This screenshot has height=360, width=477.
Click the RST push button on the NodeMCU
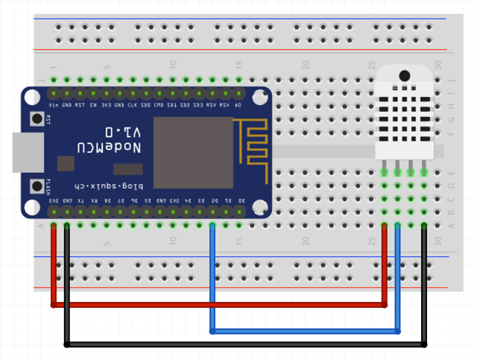[x=35, y=119]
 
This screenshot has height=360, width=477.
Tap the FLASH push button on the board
[x=35, y=186]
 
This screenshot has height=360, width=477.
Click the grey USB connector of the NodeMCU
[x=28, y=152]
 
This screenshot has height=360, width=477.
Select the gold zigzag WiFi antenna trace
[x=253, y=141]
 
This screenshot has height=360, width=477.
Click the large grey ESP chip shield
[x=193, y=151]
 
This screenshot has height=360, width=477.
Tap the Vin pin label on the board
[x=54, y=105]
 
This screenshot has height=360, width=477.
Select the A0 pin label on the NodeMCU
[x=238, y=105]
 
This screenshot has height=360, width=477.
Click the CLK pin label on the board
[x=132, y=105]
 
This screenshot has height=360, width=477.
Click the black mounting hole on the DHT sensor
[x=404, y=75]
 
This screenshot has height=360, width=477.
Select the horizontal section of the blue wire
[x=305, y=330]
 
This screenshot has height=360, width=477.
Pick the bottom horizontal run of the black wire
[x=245, y=344]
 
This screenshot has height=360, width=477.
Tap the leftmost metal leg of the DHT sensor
[x=385, y=166]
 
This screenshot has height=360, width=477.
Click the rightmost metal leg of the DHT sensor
[x=424, y=166]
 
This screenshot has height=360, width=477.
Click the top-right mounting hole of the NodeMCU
[x=259, y=97]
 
